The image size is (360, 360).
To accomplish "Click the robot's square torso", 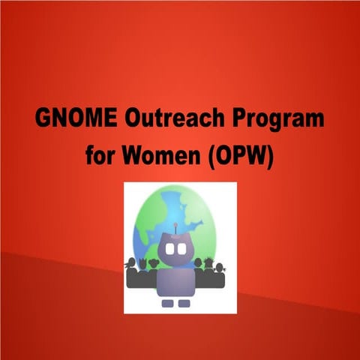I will [x=177, y=281].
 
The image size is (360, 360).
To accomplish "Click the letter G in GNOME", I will [x=44, y=120].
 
